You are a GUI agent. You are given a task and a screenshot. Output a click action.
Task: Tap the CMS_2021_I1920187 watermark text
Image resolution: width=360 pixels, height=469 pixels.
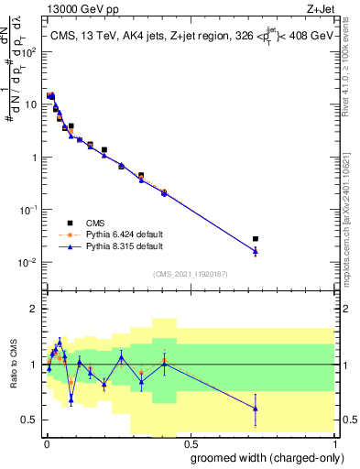(x=189, y=273)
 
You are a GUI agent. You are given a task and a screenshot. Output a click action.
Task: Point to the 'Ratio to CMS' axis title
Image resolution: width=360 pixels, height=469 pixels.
(x=12, y=365)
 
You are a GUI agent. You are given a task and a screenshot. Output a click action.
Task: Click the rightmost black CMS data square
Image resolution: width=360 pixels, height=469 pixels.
(x=256, y=239)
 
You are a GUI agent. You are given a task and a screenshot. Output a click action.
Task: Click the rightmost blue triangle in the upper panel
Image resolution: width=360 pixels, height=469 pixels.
(x=256, y=249)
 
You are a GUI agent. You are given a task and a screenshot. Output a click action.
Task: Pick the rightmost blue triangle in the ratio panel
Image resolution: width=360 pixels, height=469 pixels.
(x=256, y=408)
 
